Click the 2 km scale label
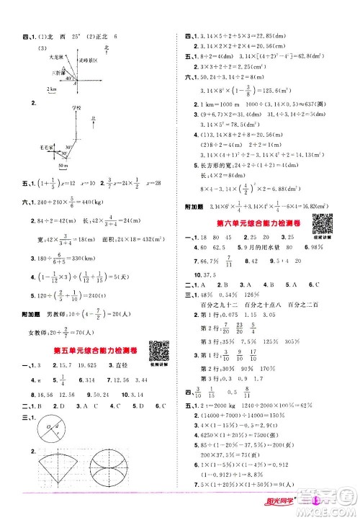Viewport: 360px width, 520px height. [x=51, y=89]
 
